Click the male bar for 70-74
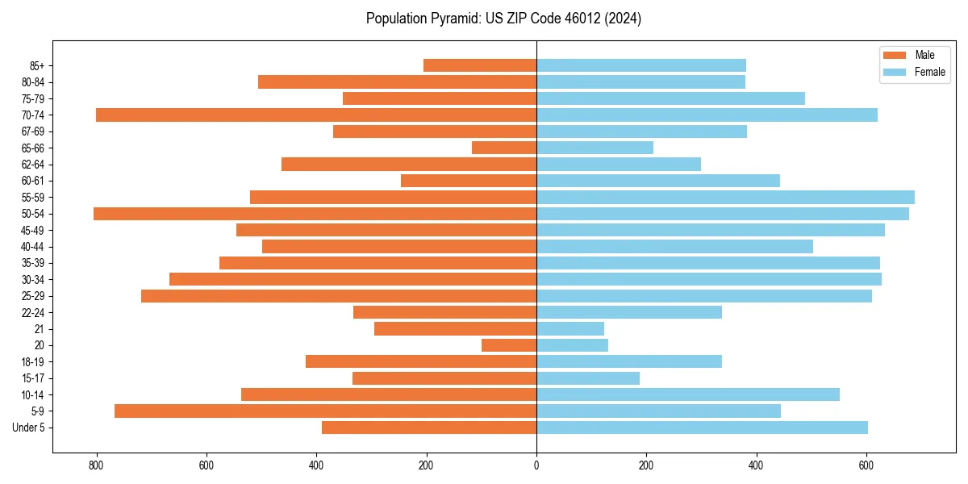click(x=316, y=115)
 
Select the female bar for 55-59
click(x=725, y=197)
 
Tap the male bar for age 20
click(x=509, y=345)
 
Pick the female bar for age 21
click(x=570, y=328)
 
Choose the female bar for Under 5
click(x=702, y=428)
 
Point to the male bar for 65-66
click(x=504, y=148)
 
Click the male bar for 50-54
click(x=315, y=214)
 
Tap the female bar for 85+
click(x=641, y=65)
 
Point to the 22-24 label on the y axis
click(x=32, y=312)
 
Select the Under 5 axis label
click(x=28, y=428)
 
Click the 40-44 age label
click(x=32, y=247)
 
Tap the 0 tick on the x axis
click(x=536, y=465)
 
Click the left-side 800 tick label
click(x=97, y=465)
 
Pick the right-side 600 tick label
click(x=866, y=465)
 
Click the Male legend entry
click(x=924, y=55)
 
